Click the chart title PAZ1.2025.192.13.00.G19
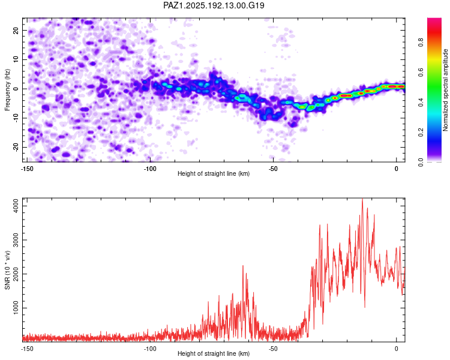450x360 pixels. [x=214, y=5]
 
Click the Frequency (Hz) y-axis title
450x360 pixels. [x=7, y=90]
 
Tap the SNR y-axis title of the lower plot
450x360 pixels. [x=7, y=270]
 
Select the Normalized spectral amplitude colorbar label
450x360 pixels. [x=445, y=90]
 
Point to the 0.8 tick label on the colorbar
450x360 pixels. [x=421, y=42]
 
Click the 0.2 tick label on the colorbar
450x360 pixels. [x=421, y=133]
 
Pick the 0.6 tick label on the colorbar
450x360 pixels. [x=421, y=73]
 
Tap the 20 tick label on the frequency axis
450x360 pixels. [x=16, y=31]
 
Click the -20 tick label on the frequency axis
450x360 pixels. [x=16, y=147]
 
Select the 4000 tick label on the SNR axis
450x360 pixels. [x=16, y=206]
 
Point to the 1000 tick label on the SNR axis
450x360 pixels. [x=16, y=308]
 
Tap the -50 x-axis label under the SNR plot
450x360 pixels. [x=273, y=349]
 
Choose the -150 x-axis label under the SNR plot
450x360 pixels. [x=27, y=349]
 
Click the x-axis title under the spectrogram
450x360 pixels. [x=214, y=173]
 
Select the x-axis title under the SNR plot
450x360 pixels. [x=214, y=353]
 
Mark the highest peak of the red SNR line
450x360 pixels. [x=362, y=199]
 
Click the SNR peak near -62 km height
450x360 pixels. [x=243, y=266]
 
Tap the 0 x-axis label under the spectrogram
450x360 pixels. [x=397, y=169]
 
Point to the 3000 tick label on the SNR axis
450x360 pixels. [x=16, y=240]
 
